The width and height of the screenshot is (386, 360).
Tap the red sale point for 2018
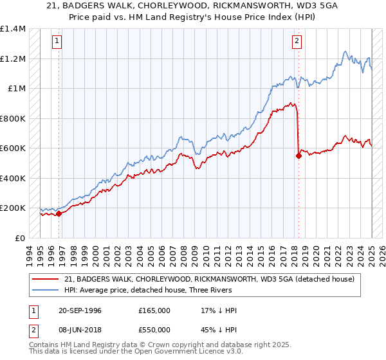[299, 155]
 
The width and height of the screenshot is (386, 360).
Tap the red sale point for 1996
[59, 213]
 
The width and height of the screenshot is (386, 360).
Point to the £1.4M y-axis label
[12, 29]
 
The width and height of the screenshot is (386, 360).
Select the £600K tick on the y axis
[12, 148]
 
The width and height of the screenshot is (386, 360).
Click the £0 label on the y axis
[20, 238]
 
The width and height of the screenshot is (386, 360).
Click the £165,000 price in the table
[154, 310]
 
